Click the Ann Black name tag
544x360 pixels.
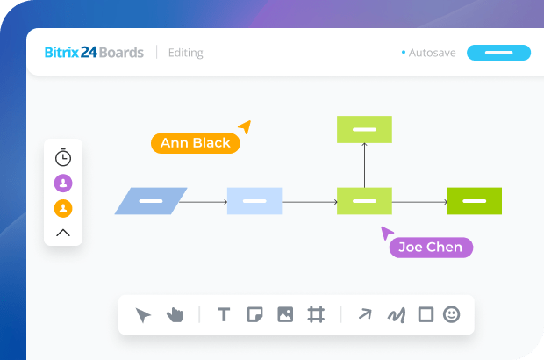(195, 143)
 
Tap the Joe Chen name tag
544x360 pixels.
(431, 247)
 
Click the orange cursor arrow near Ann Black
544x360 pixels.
(245, 127)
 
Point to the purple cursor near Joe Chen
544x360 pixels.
(386, 233)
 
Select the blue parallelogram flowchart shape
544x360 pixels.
(151, 201)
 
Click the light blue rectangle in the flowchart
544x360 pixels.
(254, 201)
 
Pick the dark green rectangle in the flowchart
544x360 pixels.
(474, 201)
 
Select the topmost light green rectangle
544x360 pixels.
(364, 129)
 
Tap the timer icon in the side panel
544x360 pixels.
(63, 158)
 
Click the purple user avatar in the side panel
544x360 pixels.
(63, 183)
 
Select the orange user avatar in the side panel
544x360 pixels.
(63, 208)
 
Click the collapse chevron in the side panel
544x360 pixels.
(63, 233)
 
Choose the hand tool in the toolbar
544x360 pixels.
(175, 314)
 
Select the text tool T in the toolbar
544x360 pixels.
(224, 314)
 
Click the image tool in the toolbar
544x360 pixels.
(285, 314)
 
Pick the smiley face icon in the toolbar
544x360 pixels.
(452, 314)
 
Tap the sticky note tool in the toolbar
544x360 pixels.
(254, 314)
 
